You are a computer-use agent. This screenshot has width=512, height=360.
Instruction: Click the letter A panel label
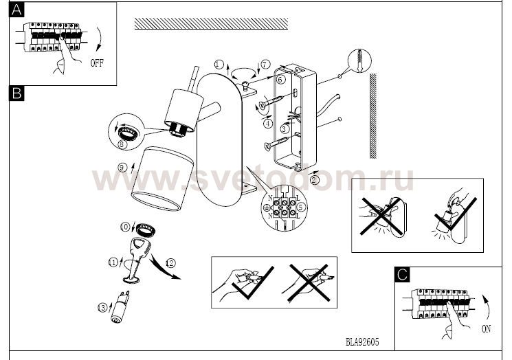pyautogui.click(x=16, y=10)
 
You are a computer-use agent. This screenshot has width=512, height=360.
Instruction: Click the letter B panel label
pyautogui.click(x=16, y=93)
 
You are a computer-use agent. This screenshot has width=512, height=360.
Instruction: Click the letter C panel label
pyautogui.click(x=402, y=275)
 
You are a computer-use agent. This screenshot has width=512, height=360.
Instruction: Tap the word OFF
pyautogui.click(x=97, y=63)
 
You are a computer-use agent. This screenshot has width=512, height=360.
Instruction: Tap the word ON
pyautogui.click(x=486, y=328)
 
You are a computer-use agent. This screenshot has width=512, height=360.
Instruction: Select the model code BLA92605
pyautogui.click(x=362, y=341)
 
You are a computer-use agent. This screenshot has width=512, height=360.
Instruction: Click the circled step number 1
pyautogui.click(x=219, y=65)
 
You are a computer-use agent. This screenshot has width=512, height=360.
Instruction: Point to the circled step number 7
pyautogui.click(x=265, y=64)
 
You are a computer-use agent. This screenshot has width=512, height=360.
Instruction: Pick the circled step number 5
pyautogui.click(x=302, y=206)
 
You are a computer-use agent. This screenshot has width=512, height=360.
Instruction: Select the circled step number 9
pyautogui.click(x=122, y=168)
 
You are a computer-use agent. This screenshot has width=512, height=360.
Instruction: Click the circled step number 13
pyautogui.click(x=102, y=308)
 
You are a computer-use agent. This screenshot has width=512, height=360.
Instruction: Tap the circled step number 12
pyautogui.click(x=170, y=263)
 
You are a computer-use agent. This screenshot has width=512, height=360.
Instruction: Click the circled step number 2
pyautogui.click(x=314, y=180)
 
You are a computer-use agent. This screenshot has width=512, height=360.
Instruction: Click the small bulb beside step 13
pyautogui.click(x=120, y=307)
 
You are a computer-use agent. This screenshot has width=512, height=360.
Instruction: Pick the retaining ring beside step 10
pyautogui.click(x=145, y=229)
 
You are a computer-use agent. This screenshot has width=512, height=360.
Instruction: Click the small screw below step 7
pyautogui.click(x=245, y=87)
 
